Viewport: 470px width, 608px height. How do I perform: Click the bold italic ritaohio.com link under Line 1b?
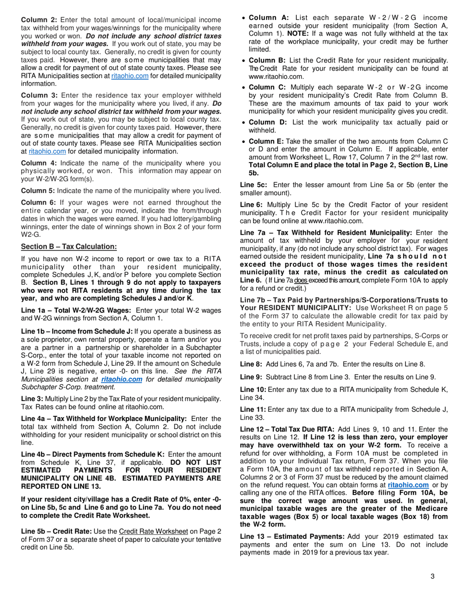121,379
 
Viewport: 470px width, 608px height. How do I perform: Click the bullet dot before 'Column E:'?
244,141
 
